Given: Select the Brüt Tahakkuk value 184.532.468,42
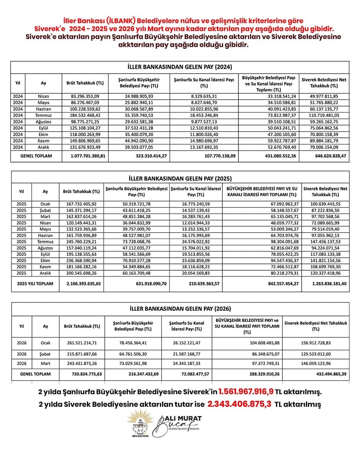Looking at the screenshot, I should tap(85, 126).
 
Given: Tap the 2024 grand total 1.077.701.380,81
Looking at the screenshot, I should tap(85, 155).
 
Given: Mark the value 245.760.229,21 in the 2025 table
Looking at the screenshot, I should tap(83, 242).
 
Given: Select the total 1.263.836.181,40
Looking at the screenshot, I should tap(324, 283).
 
